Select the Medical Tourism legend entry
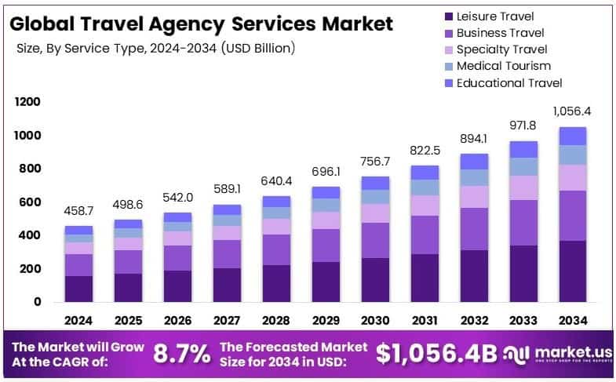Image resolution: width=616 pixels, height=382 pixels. (x=503, y=66)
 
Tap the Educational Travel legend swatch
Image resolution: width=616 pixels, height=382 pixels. (x=448, y=83)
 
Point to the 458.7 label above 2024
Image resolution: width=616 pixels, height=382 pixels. (x=78, y=212)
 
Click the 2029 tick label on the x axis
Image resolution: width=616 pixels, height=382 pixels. (x=325, y=320)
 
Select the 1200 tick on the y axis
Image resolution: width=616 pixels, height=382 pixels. (x=27, y=102)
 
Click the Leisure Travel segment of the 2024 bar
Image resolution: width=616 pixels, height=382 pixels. (x=78, y=289)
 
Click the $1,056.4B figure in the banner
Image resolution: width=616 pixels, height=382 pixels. (x=436, y=353)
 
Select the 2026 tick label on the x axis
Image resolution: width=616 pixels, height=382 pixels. (x=177, y=320)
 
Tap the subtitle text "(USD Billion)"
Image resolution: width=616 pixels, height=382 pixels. (x=258, y=49)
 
